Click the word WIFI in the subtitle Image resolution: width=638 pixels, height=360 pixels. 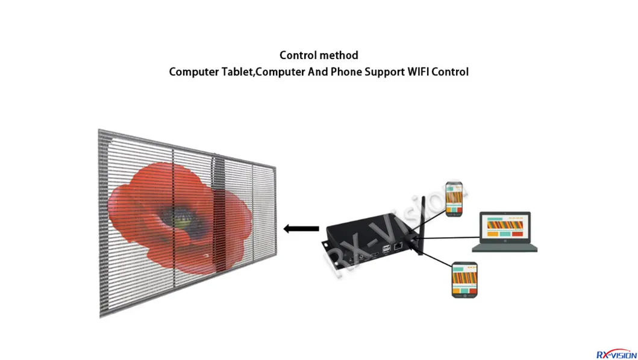pyautogui.click(x=418, y=72)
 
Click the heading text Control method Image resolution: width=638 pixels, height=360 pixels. pyautogui.click(x=319, y=55)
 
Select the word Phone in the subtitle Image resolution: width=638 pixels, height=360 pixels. pyautogui.click(x=346, y=72)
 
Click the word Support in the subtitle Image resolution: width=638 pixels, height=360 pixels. pyautogui.click(x=384, y=72)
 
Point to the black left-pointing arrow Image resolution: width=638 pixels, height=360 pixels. pyautogui.click(x=301, y=229)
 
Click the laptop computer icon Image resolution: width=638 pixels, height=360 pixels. pyautogui.click(x=504, y=232)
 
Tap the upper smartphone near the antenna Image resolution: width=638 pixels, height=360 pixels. pyautogui.click(x=454, y=199)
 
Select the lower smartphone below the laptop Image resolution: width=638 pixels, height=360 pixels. pyautogui.click(x=464, y=280)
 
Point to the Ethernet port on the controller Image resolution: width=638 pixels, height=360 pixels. pyautogui.click(x=398, y=246)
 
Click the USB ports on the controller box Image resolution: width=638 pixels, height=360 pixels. pyautogui.click(x=386, y=249)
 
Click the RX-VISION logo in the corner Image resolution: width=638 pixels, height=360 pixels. pyautogui.click(x=616, y=354)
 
